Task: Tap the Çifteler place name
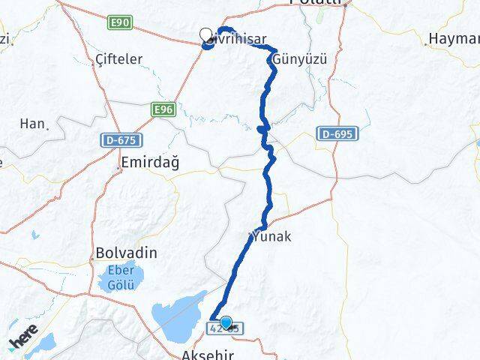click(118, 58)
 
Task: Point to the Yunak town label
click(273, 236)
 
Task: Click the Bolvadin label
click(126, 253)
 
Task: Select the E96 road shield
click(163, 109)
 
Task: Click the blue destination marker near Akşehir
click(226, 322)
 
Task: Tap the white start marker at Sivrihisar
click(205, 34)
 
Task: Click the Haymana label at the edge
click(454, 39)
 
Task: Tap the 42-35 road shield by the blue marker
click(225, 328)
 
